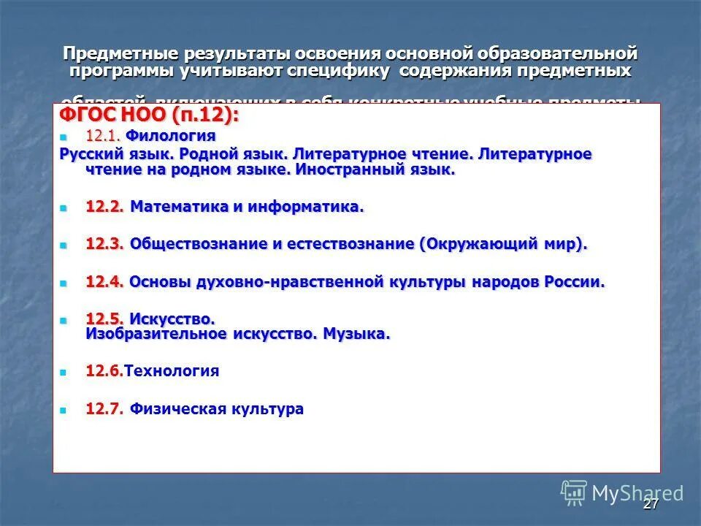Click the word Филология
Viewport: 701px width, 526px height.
pyautogui.click(x=171, y=136)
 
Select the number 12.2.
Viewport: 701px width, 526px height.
pyautogui.click(x=104, y=207)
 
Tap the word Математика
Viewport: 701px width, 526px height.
pyautogui.click(x=179, y=207)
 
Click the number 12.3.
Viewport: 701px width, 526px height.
pyautogui.click(x=104, y=245)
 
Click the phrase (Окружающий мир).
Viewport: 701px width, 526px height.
pyautogui.click(x=503, y=245)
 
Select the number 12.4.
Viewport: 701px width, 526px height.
pyautogui.click(x=104, y=283)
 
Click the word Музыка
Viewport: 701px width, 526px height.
pyautogui.click(x=357, y=335)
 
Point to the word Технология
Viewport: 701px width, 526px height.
pyautogui.click(x=172, y=371)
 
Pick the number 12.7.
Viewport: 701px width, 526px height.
pyautogui.click(x=104, y=409)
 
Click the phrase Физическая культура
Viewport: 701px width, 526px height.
pyautogui.click(x=216, y=409)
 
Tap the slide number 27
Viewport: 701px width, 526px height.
pyautogui.click(x=651, y=505)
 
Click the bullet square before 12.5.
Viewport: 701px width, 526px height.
pyautogui.click(x=63, y=320)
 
